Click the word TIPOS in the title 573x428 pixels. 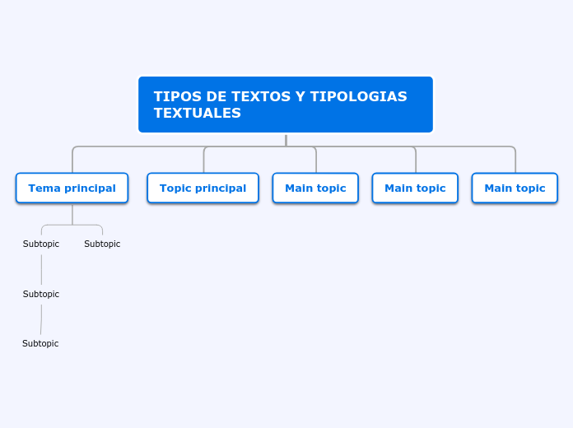tap(173, 97)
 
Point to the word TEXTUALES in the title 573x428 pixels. tap(197, 114)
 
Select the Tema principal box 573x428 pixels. tap(72, 188)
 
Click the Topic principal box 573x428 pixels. tap(203, 188)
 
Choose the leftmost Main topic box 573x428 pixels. tap(315, 188)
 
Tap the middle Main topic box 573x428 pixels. tap(415, 188)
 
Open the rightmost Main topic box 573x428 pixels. tap(515, 188)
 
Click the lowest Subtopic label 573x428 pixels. tap(40, 343)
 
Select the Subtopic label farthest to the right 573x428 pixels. tap(102, 244)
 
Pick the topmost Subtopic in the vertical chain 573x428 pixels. tap(41, 244)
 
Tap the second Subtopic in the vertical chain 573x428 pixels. tap(41, 294)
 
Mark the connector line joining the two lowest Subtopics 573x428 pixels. tap(41, 319)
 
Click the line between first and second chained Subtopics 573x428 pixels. tap(41, 269)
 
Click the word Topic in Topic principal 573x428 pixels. tap(175, 188)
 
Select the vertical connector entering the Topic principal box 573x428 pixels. tap(204, 160)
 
